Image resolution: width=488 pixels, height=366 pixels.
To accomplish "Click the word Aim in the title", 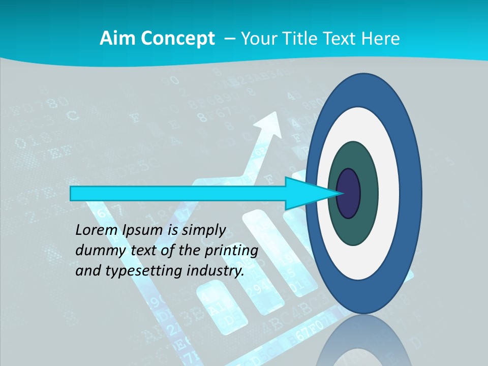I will click(115, 39).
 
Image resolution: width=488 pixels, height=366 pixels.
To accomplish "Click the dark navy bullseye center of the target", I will click(349, 194).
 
